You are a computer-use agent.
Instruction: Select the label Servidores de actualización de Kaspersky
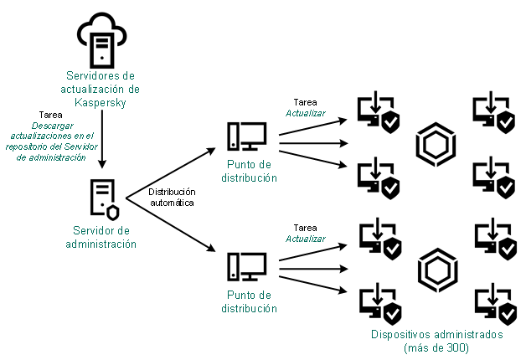point(101,88)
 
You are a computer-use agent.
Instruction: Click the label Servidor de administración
point(101,238)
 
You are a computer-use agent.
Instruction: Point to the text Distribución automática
point(173,197)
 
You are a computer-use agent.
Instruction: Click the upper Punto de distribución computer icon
point(246,138)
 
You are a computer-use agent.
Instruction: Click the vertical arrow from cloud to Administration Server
point(101,142)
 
